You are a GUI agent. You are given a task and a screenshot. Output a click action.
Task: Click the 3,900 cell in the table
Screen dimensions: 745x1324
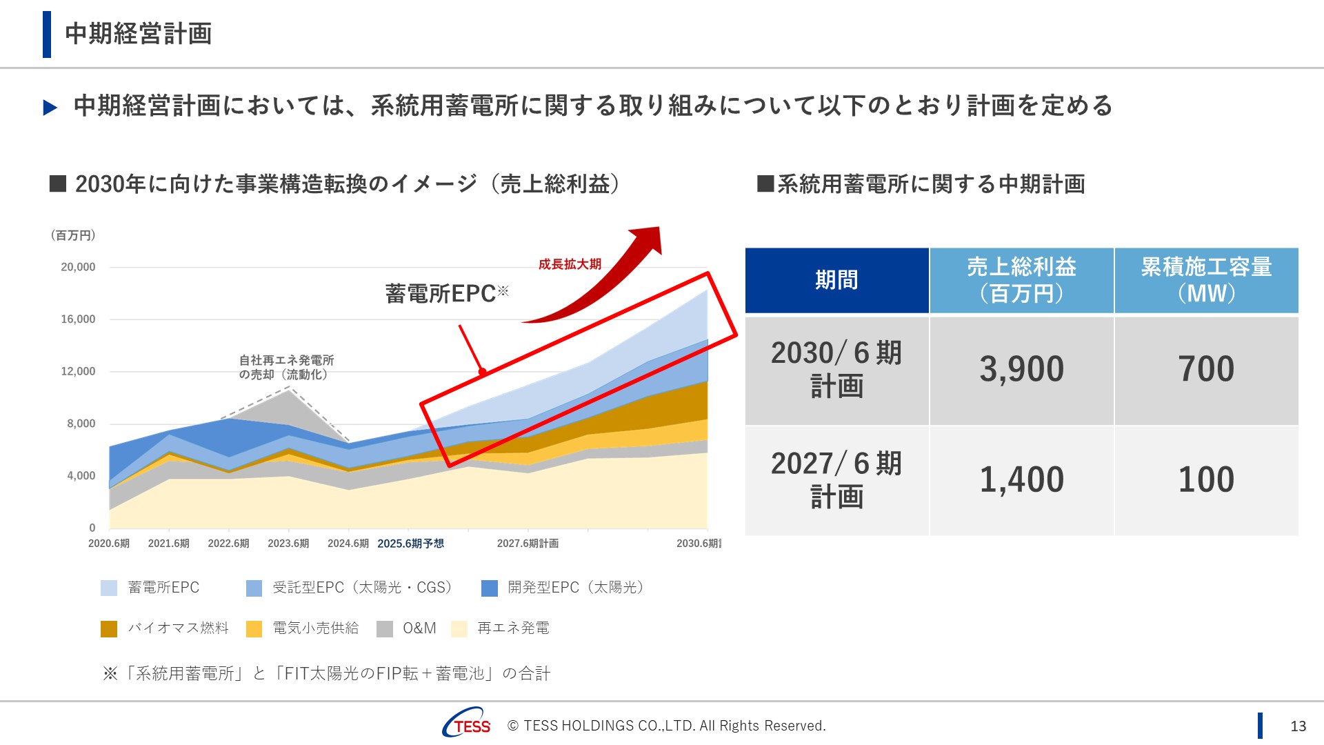click(x=1021, y=369)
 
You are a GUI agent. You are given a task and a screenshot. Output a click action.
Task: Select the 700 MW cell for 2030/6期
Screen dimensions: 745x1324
click(x=1206, y=369)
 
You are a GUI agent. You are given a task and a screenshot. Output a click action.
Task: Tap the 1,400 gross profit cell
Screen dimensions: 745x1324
click(x=1021, y=479)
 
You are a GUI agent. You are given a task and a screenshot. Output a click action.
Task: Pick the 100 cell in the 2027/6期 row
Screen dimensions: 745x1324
click(x=1206, y=479)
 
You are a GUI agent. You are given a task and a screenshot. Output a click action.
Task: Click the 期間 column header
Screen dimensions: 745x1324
click(x=836, y=280)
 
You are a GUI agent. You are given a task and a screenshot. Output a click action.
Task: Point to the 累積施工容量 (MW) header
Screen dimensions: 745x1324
click(x=1206, y=280)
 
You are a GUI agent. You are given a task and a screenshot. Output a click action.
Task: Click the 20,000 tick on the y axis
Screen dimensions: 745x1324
click(x=78, y=267)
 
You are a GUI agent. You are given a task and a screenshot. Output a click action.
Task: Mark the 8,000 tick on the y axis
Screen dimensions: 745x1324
click(x=81, y=424)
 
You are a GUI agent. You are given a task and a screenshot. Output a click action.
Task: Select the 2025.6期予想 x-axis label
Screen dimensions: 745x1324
click(x=410, y=544)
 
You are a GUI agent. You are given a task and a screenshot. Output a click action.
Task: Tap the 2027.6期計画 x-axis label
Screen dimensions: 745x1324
click(x=528, y=544)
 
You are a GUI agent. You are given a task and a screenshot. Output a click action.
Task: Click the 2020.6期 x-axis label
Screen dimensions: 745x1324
click(x=109, y=544)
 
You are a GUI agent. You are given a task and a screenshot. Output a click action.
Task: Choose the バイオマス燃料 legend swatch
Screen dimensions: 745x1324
click(x=109, y=628)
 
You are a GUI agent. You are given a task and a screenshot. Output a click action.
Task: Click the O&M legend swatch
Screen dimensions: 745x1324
click(x=385, y=628)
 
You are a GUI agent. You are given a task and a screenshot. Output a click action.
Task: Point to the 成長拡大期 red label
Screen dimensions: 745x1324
click(x=570, y=264)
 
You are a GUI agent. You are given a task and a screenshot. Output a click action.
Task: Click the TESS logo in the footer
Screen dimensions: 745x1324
click(x=467, y=724)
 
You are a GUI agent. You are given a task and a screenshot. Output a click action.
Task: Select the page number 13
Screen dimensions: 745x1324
click(x=1298, y=726)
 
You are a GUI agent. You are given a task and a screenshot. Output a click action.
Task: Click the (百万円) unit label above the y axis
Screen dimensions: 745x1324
click(x=73, y=235)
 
